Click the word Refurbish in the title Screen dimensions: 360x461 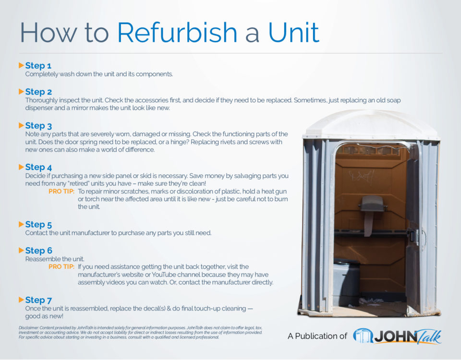click(177, 33)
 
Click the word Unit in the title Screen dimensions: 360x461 click(293, 33)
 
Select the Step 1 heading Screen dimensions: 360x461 click(38, 65)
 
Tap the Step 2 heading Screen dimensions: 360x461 click(38, 92)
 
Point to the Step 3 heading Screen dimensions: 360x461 click(38, 126)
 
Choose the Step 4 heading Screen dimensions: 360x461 click(38, 167)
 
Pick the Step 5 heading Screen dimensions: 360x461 click(38, 224)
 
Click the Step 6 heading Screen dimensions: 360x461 click(38, 251)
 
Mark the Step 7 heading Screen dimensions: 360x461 click(38, 300)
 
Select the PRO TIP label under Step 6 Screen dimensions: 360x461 click(61, 266)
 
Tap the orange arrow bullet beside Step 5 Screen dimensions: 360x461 click(21, 224)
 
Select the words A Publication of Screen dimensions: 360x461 click(317, 336)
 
